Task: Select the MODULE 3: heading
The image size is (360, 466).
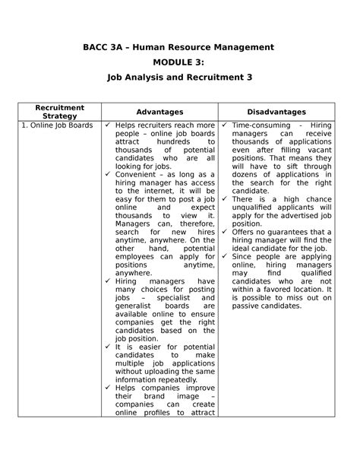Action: (x=179, y=62)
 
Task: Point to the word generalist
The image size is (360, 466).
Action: (x=136, y=306)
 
